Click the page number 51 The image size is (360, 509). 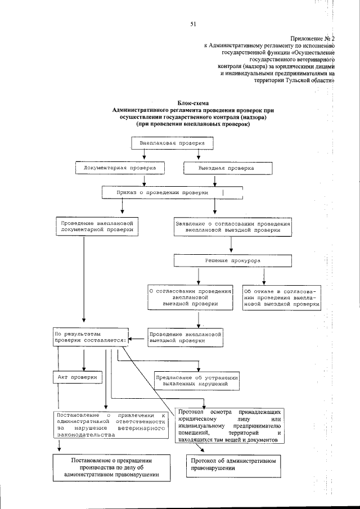[x=192, y=24]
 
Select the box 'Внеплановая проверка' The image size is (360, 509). [x=169, y=143]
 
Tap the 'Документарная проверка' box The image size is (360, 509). [x=120, y=168]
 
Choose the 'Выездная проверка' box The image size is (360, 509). [x=228, y=168]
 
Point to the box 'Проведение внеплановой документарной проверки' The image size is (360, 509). [x=97, y=226]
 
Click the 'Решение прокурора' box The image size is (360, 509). [x=232, y=261]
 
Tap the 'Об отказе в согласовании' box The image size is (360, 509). [x=281, y=298]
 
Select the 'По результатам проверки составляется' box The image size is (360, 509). [x=91, y=337]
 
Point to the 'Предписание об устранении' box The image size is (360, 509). [x=197, y=380]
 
